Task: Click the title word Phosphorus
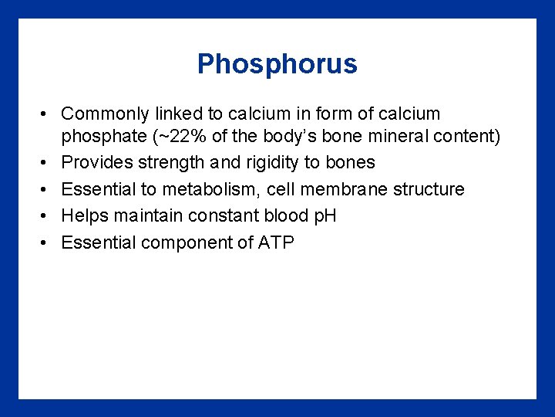click(x=277, y=63)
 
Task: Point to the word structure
click(x=429, y=189)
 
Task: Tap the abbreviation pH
click(x=322, y=216)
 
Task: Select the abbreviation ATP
click(x=276, y=242)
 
